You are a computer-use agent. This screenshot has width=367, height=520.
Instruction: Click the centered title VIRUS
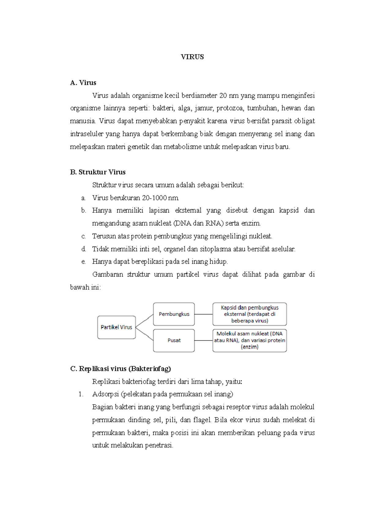(x=192, y=57)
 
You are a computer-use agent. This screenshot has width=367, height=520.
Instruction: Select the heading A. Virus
(x=83, y=83)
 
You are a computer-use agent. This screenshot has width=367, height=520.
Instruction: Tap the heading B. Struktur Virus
(x=98, y=172)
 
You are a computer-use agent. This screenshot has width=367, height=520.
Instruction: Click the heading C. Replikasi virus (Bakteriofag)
(x=120, y=369)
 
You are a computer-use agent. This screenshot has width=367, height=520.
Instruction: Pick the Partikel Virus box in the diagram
(x=117, y=327)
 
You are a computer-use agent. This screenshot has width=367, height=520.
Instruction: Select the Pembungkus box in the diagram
(x=174, y=314)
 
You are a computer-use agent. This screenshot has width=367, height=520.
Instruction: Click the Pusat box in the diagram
(x=174, y=340)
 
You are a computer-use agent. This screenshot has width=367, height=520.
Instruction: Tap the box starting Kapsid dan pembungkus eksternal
(x=250, y=314)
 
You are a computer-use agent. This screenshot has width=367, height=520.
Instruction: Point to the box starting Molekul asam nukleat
(x=250, y=340)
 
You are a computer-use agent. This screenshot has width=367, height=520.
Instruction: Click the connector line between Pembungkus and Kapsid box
(x=203, y=314)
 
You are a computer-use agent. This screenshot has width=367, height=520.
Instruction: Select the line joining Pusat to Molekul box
(x=203, y=340)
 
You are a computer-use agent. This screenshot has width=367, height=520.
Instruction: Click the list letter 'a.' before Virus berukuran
(x=83, y=198)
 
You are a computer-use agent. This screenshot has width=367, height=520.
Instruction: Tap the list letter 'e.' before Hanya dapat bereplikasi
(x=83, y=262)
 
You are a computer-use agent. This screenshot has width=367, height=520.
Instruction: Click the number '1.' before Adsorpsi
(x=81, y=394)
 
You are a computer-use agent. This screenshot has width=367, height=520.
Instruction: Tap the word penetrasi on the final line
(x=159, y=446)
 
